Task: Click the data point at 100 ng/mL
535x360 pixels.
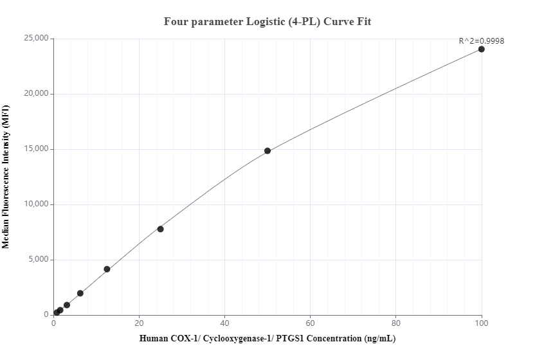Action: point(482,49)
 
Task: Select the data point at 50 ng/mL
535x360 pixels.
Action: point(267,151)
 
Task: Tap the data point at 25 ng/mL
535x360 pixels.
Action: point(161,229)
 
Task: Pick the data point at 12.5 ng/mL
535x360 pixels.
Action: point(107,269)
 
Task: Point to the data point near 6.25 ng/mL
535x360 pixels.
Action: point(80,293)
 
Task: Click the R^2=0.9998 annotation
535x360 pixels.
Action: point(481,41)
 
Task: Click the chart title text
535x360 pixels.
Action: point(267,22)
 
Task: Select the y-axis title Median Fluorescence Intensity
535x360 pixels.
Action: point(6,177)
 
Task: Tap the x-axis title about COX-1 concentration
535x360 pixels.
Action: point(267,339)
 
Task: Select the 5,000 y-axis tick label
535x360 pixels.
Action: point(37,260)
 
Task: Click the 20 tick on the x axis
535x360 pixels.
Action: point(139,323)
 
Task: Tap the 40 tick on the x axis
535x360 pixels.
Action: point(225,323)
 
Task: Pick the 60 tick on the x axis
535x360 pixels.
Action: point(311,323)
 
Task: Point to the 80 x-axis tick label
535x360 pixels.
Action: point(396,323)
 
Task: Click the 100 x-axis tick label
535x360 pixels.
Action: point(482,323)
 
